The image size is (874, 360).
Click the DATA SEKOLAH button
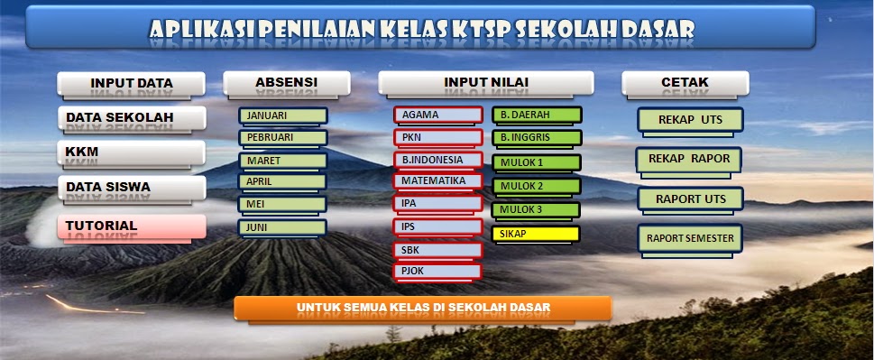point(132,118)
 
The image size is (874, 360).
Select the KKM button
point(132,152)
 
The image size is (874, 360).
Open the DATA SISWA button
point(132,188)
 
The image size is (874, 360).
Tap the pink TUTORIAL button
point(132,226)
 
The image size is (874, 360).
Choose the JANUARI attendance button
point(282,115)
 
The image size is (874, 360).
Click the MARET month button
point(282,161)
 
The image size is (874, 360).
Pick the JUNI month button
point(282,228)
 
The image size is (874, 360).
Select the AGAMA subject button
point(437,115)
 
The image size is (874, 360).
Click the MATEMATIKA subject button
point(437,180)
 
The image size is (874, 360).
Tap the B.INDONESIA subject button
point(437,160)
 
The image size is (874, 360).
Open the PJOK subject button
point(437,270)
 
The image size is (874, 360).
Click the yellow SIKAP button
point(536,235)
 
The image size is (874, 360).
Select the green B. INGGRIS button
point(536,138)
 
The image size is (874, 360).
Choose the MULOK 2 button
point(536,187)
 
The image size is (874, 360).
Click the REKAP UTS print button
point(689,120)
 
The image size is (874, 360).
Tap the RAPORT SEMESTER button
point(690,239)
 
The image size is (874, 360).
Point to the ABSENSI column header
point(286,83)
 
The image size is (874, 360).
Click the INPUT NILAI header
point(485,83)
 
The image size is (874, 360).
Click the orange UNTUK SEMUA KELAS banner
point(422,308)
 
